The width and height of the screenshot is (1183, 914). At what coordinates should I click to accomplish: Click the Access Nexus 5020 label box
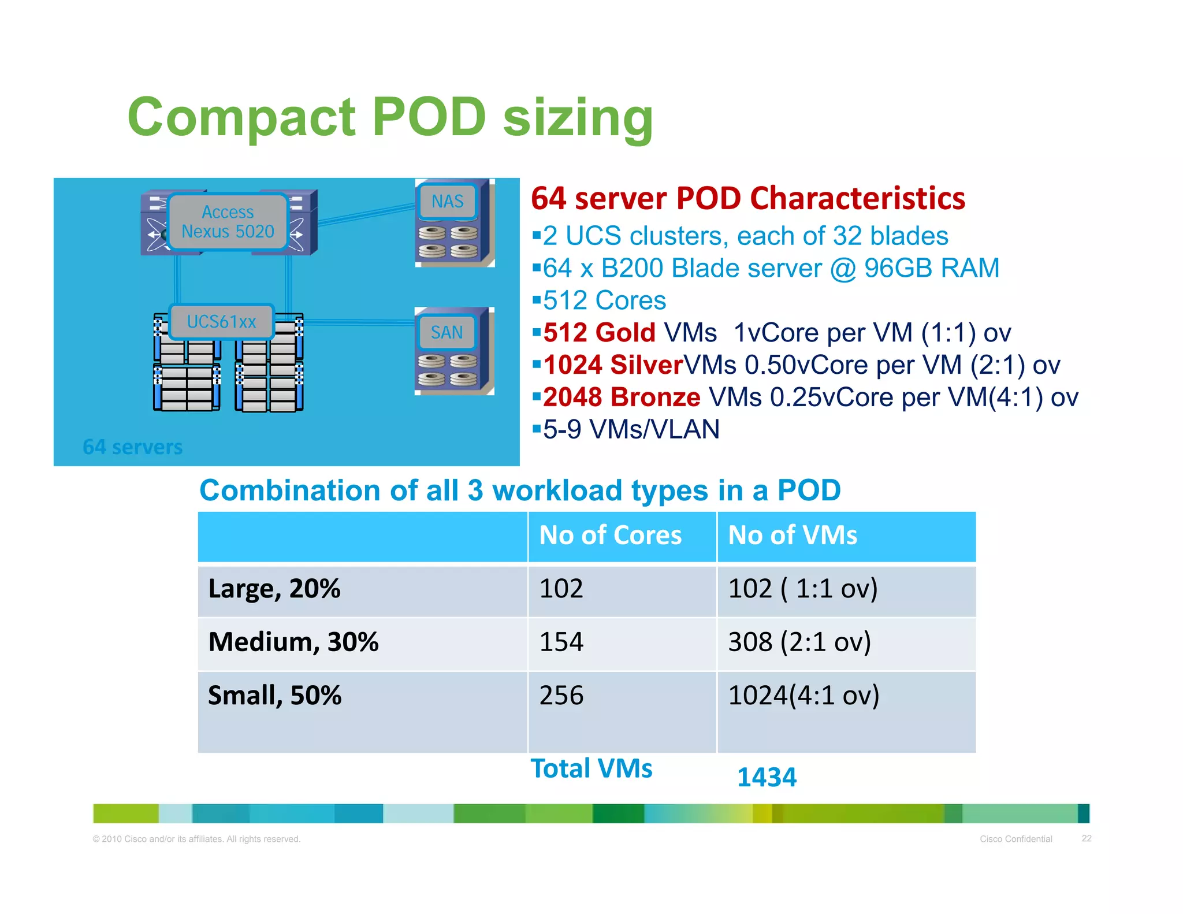[228, 222]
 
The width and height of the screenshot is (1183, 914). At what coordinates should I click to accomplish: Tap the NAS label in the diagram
[448, 202]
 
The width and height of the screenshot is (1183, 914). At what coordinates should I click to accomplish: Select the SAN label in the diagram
[447, 333]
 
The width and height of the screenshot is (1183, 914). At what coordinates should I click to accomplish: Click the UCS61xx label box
[221, 322]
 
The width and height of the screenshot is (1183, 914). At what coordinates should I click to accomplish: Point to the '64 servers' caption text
[132, 447]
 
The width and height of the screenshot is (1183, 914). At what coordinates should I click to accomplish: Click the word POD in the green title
[429, 117]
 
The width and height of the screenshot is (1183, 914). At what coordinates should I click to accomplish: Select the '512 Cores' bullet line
[604, 300]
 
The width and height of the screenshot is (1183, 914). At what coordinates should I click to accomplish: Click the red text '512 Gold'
[599, 333]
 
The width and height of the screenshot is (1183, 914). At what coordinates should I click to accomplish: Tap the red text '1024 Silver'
[613, 365]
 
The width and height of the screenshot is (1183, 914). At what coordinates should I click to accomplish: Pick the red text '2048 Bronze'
[622, 397]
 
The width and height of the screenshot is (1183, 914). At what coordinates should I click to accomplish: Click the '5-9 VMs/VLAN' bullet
[631, 429]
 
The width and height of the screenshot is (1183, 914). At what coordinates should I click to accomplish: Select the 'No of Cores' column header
[610, 535]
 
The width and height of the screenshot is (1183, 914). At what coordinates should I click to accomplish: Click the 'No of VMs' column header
[793, 535]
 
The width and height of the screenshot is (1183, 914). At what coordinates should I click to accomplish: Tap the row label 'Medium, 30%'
[293, 642]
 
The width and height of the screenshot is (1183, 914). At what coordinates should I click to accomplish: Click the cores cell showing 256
[561, 695]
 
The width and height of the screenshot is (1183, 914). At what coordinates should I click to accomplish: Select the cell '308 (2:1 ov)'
[799, 642]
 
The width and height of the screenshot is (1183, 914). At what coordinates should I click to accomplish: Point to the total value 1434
[767, 777]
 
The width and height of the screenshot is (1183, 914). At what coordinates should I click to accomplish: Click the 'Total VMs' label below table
[591, 768]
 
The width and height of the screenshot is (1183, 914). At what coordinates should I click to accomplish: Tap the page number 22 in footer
[1086, 838]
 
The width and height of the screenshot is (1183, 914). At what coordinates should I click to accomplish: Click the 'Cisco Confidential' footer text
[1015, 839]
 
